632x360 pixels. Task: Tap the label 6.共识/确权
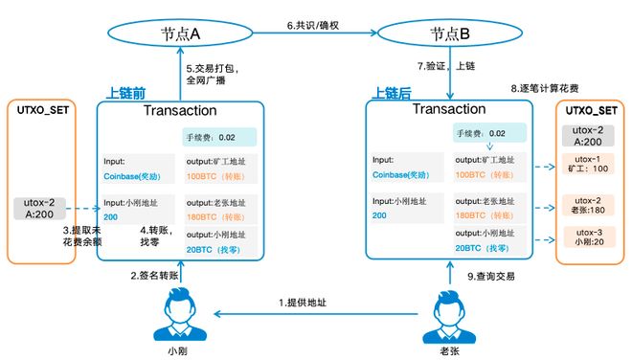pyautogui.click(x=313, y=24)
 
